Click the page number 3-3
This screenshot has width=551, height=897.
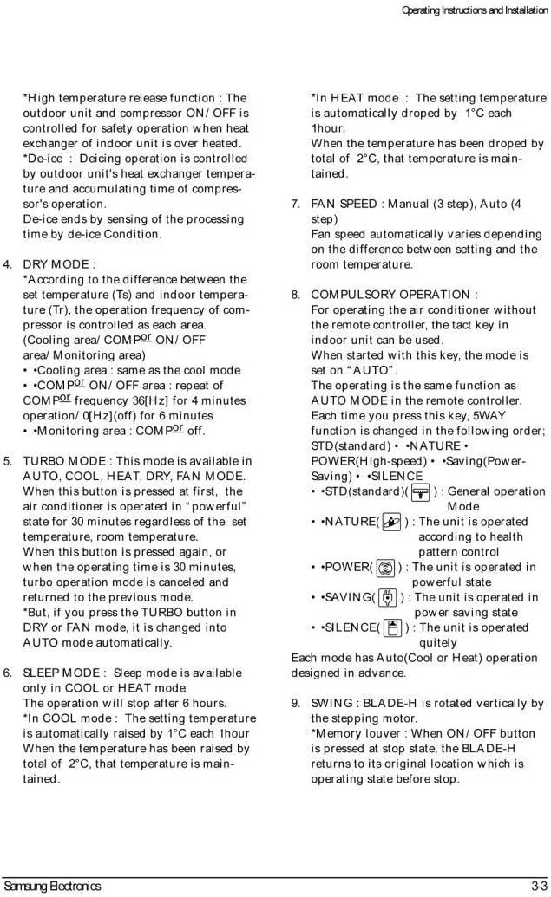point(538,886)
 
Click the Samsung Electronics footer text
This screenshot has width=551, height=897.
point(52,886)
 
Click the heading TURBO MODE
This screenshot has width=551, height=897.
point(61,460)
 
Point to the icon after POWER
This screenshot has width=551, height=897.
point(385,568)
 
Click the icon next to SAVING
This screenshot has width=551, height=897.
point(388,598)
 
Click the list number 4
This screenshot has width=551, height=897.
point(7,264)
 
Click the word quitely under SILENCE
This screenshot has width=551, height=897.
point(438,643)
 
